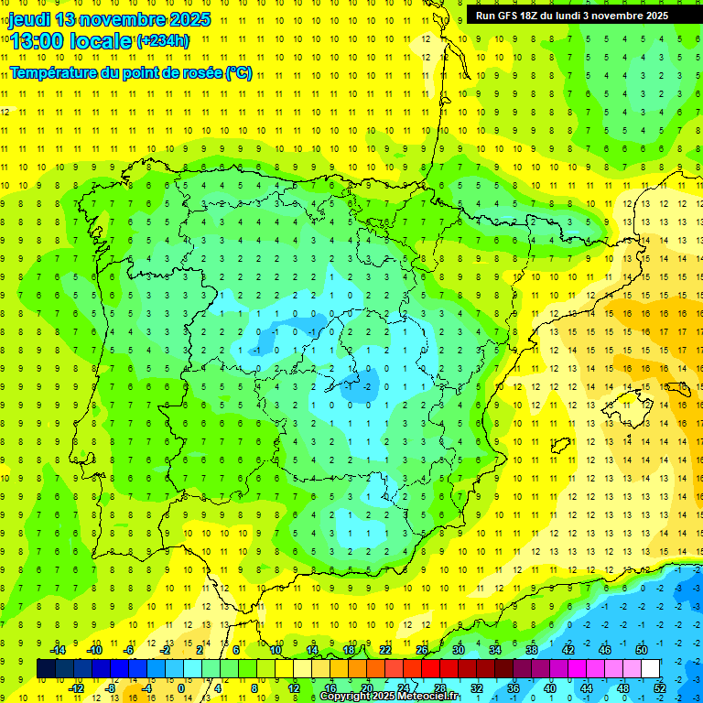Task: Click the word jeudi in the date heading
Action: click(x=30, y=19)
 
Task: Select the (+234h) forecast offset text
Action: click(x=163, y=41)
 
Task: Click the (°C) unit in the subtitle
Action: click(x=238, y=73)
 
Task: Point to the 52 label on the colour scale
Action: click(x=660, y=687)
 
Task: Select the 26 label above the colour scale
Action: click(x=422, y=650)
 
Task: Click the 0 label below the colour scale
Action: click(x=182, y=687)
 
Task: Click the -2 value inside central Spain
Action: click(x=368, y=386)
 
